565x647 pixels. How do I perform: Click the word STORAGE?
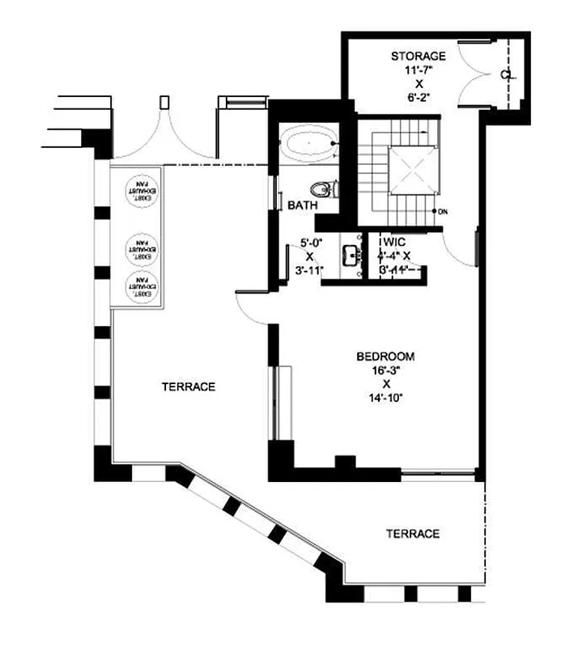tap(418, 56)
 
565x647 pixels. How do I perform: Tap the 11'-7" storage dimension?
tap(418, 70)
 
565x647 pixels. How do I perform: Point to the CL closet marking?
tap(506, 74)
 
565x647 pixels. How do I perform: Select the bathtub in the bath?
tap(308, 146)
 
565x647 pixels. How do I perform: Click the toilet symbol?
tap(325, 189)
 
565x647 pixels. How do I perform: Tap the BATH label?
tap(303, 206)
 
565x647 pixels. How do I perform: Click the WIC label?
tap(394, 242)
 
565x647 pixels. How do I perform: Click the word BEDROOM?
tap(386, 356)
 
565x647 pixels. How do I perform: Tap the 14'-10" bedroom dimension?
tap(386, 397)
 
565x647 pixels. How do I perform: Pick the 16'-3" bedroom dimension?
tap(386, 370)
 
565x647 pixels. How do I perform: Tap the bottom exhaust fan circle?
tap(139, 285)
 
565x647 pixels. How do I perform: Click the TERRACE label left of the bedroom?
tap(188, 387)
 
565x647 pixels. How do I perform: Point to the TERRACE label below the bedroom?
tap(412, 534)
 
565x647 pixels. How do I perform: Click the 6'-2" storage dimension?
tap(418, 98)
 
